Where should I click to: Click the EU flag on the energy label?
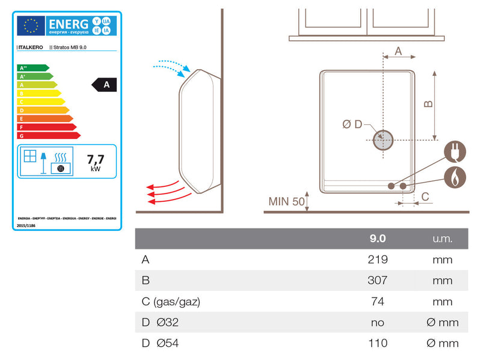click(x=30, y=25)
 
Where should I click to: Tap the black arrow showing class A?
click(x=105, y=85)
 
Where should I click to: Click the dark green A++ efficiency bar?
click(x=33, y=68)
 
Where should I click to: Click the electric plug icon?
click(x=455, y=152)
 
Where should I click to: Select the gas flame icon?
click(x=455, y=177)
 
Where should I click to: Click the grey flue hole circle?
click(x=382, y=140)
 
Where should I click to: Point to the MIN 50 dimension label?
click(x=287, y=201)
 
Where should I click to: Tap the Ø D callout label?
click(x=352, y=124)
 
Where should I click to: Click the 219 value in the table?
click(x=378, y=260)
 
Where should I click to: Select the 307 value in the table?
click(x=378, y=280)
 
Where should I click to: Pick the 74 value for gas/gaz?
click(x=378, y=301)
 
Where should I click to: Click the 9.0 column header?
click(x=378, y=239)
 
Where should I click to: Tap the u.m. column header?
click(x=442, y=239)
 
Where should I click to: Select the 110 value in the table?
click(x=378, y=343)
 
